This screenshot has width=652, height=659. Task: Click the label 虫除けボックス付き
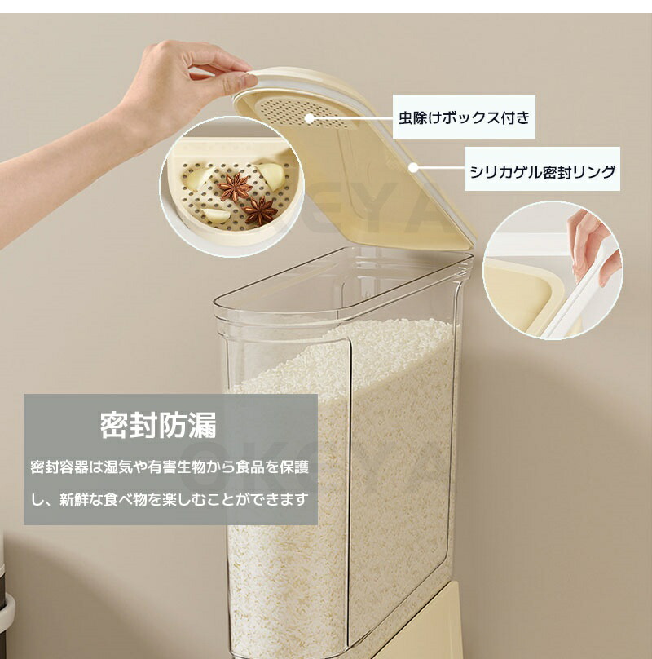pos(464,117)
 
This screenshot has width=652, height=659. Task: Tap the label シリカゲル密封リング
pos(542,171)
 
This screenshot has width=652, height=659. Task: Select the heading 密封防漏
pos(158,425)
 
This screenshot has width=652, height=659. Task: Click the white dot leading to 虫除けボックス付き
pos(309,118)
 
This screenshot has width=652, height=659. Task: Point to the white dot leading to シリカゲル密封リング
pos(413,168)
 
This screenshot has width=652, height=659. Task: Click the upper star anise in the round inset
pos(235,186)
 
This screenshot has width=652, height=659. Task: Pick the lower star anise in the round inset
pos(260,210)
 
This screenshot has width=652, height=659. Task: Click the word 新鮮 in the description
pos(74,500)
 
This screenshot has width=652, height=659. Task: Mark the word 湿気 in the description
pos(118,467)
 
